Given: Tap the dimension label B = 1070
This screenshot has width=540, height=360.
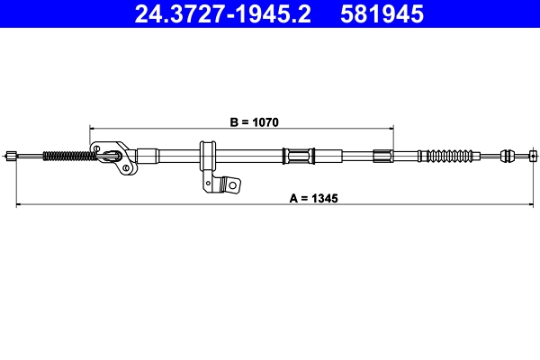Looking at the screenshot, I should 242,120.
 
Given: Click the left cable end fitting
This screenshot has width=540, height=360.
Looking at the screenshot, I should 12,156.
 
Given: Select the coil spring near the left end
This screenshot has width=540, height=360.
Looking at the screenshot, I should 68,156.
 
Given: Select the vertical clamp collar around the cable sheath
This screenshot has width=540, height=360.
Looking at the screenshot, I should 206,157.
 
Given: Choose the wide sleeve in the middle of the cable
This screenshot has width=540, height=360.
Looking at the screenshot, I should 297,156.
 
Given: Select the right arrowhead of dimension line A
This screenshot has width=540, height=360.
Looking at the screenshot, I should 532,205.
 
